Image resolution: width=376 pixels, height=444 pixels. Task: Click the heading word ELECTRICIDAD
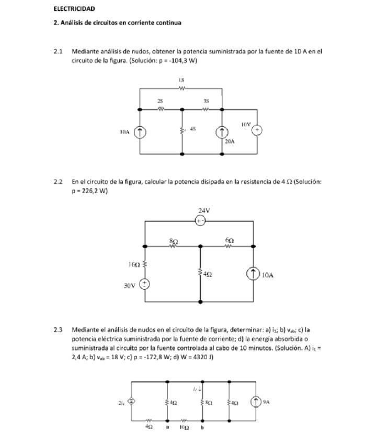pyautogui.click(x=74, y=9)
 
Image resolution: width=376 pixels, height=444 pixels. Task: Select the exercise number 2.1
pyautogui.click(x=58, y=51)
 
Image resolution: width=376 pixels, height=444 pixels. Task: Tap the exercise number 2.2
pyautogui.click(x=58, y=182)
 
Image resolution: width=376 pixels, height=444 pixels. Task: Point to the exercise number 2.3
pyautogui.click(x=58, y=330)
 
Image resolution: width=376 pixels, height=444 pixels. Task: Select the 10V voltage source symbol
pyautogui.click(x=257, y=130)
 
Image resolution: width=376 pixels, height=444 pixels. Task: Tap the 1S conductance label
pyautogui.click(x=181, y=81)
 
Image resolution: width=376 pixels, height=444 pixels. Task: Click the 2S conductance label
pyautogui.click(x=161, y=100)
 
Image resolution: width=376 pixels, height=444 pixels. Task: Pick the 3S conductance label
pyautogui.click(x=206, y=100)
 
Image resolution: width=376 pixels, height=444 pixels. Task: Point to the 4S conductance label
pyautogui.click(x=192, y=129)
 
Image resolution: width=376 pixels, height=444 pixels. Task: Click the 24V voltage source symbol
pyautogui.click(x=200, y=221)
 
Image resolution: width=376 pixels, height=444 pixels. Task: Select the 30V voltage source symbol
pyautogui.click(x=144, y=284)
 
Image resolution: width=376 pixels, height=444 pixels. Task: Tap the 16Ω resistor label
pyautogui.click(x=133, y=265)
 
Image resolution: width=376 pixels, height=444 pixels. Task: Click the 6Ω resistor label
pyautogui.click(x=230, y=240)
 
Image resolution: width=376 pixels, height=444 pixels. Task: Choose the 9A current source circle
pyautogui.click(x=255, y=402)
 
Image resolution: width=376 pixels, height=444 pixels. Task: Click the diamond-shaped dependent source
pyautogui.click(x=131, y=402)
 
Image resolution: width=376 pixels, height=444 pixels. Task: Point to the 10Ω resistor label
pyautogui.click(x=184, y=427)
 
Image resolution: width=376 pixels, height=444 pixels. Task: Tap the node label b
pyautogui.click(x=202, y=427)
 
